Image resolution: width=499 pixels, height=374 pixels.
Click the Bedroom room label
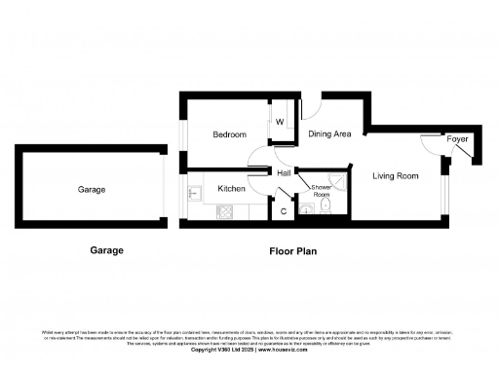(x=230, y=134)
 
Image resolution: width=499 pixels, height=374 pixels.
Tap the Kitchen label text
(x=231, y=188)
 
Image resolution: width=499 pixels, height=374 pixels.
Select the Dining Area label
(x=329, y=133)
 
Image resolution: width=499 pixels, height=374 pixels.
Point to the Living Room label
(x=395, y=176)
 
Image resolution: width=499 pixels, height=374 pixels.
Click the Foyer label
(x=457, y=140)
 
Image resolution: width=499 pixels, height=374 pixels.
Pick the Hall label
(x=285, y=173)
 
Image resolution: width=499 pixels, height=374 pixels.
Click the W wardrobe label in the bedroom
(x=279, y=123)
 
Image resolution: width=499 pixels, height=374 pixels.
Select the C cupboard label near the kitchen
(x=284, y=210)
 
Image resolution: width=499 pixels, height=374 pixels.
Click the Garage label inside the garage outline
(x=92, y=190)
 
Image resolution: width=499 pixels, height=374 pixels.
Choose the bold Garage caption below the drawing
(x=106, y=250)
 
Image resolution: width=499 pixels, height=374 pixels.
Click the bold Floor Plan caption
(x=293, y=250)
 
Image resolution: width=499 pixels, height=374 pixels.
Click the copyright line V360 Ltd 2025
(x=249, y=350)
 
